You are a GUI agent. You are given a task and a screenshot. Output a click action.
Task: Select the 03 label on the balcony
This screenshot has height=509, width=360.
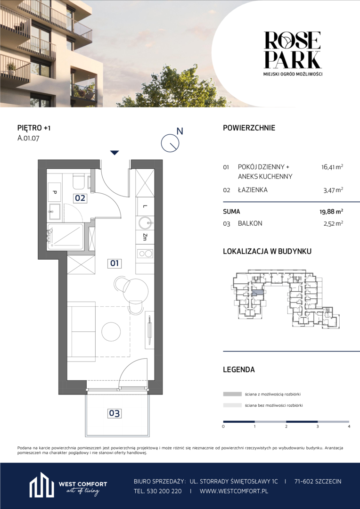(x=114, y=414)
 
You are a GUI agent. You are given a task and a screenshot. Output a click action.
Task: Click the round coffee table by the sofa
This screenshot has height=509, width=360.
(x=111, y=331)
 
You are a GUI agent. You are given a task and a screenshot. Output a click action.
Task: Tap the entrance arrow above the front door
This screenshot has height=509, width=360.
(x=114, y=153)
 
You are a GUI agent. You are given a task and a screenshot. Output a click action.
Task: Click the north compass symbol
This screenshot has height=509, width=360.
(x=171, y=142)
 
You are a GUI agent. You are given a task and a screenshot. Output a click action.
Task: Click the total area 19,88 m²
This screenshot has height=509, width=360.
(x=331, y=212)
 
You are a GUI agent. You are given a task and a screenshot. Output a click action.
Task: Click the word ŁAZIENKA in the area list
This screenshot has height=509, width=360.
(x=253, y=190)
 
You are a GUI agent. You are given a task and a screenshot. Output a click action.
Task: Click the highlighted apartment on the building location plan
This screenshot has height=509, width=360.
(x=258, y=293)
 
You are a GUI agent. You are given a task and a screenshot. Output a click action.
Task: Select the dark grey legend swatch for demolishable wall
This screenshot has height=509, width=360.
(x=232, y=394)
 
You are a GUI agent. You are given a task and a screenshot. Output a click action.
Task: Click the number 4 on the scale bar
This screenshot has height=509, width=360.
(x=349, y=426)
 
